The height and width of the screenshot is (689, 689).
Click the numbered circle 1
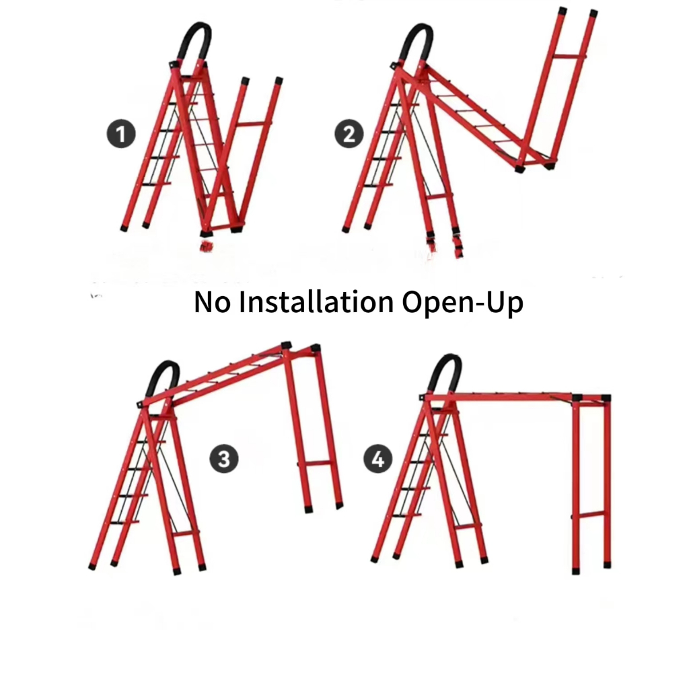pyautogui.click(x=121, y=134)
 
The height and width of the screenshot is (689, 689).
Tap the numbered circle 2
pyautogui.click(x=349, y=134)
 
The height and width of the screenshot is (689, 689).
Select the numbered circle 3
pyautogui.click(x=224, y=459)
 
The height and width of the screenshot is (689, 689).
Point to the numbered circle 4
pyautogui.click(x=378, y=459)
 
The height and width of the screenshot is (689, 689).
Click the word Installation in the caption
pyautogui.click(x=316, y=302)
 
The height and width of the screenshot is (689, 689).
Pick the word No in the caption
pyautogui.click(x=212, y=302)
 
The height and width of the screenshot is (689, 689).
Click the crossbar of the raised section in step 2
pyautogui.click(x=569, y=56)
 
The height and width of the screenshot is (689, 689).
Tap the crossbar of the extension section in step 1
pyautogui.click(x=254, y=124)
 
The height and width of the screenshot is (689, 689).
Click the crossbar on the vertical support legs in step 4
pyautogui.click(x=591, y=515)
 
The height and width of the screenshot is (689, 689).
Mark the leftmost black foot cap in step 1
pyautogui.click(x=124, y=229)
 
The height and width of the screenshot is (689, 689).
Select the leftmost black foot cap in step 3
pyautogui.click(x=92, y=567)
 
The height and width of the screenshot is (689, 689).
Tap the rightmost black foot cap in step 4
pyautogui.click(x=608, y=565)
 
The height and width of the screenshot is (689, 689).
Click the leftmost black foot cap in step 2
pyautogui.click(x=345, y=229)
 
